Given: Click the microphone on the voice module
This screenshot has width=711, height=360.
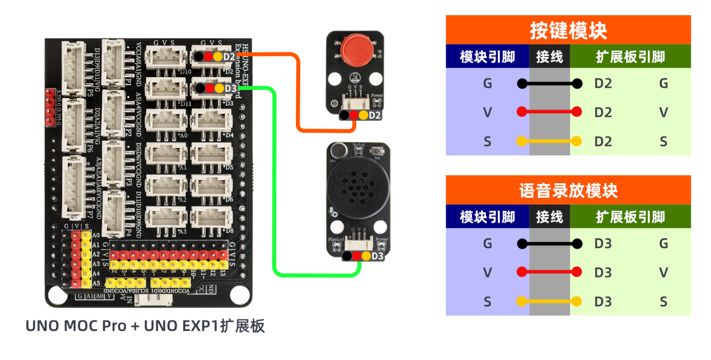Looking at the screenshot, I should [337, 151].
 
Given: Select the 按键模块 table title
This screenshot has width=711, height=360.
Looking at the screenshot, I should [568, 31].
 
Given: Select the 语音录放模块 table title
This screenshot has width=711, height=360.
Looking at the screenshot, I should [568, 191].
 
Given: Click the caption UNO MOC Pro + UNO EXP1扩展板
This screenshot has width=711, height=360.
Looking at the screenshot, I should [145, 326].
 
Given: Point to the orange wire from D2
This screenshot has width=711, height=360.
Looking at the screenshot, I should [298, 95].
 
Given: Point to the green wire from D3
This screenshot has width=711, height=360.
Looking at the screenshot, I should [274, 189].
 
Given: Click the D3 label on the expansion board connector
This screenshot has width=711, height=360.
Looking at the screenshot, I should [230, 89].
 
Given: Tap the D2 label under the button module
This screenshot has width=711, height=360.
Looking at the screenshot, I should [374, 115].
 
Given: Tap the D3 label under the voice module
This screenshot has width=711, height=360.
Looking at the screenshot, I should [377, 256].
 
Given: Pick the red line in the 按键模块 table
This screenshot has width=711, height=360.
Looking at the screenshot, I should [549, 112].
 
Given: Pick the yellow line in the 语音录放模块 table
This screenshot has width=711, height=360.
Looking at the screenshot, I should [549, 301].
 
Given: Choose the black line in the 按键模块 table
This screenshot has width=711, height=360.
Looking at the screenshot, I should [549, 84].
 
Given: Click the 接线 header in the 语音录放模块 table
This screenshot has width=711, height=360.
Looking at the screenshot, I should [549, 217].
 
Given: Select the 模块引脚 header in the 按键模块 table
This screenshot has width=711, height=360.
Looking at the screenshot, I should [487, 57].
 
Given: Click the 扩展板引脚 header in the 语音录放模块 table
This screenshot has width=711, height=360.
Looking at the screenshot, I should [630, 217].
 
